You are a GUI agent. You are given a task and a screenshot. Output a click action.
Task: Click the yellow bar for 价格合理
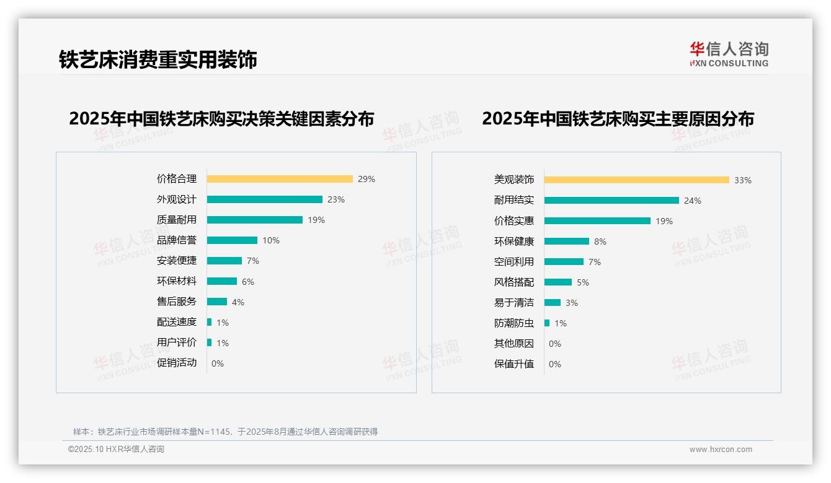click(x=279, y=179)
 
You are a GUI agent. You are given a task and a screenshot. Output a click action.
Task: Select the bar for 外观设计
click(x=264, y=199)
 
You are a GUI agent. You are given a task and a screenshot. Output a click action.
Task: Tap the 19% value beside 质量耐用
click(x=316, y=220)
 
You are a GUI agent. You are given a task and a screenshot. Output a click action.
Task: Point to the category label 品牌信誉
click(x=177, y=240)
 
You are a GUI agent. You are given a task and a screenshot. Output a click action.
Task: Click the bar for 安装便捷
click(x=224, y=261)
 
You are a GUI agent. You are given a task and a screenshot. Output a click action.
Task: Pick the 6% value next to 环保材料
click(x=248, y=282)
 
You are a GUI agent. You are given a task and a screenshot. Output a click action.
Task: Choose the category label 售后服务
click(x=177, y=302)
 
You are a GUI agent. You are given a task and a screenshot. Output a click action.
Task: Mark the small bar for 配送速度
click(x=209, y=322)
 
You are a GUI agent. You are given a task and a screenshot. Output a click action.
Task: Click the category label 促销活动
click(x=177, y=363)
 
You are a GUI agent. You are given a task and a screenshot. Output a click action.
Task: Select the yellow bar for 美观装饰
click(x=636, y=180)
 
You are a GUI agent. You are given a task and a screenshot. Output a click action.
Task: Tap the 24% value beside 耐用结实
click(x=693, y=201)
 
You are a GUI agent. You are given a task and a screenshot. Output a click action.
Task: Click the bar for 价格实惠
click(x=597, y=221)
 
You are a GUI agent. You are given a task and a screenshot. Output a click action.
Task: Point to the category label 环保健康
click(x=514, y=241)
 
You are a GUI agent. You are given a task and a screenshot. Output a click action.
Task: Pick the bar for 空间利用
click(x=564, y=262)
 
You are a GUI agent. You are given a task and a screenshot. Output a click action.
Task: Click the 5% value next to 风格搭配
click(x=583, y=282)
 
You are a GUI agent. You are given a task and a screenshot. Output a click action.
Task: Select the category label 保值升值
click(x=514, y=364)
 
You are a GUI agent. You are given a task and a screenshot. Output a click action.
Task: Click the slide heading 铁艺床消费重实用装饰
click(x=158, y=59)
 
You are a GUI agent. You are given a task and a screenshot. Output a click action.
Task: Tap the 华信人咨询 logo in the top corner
click(x=729, y=54)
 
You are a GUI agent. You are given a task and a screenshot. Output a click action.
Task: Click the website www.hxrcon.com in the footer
click(x=721, y=450)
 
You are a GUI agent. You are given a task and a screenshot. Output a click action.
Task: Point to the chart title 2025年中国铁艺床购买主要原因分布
click(x=618, y=119)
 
